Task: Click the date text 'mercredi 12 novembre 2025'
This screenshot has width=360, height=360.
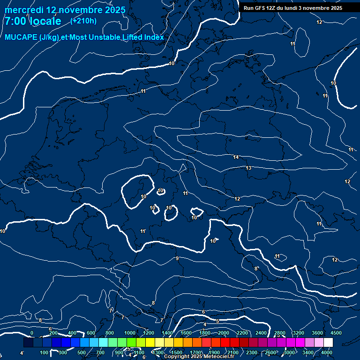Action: pos(65,10)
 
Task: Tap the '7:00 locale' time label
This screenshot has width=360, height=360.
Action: pos(33,22)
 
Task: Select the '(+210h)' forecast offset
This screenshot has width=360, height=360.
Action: pos(83,21)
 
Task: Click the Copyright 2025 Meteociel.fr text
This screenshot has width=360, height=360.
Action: pos(199,357)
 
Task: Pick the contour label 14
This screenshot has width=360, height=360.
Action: pos(236,157)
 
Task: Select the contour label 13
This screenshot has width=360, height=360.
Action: pos(248,168)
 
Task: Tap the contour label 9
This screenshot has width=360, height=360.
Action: pos(177,258)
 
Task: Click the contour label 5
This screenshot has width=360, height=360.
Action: pos(217,321)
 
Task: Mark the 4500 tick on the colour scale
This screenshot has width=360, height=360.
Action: pos(335,333)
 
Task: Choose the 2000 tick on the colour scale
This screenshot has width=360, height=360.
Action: pos(223,333)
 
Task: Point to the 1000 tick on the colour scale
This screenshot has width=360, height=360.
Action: pos(129,333)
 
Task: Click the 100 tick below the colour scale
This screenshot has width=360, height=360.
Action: pos(44,352)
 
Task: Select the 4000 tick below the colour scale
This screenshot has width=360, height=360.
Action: pos(327,352)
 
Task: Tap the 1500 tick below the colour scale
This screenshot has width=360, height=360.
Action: pos(177,352)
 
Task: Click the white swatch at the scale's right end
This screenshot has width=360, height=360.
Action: pos(328,343)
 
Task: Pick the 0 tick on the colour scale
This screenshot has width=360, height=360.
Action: pos(32,333)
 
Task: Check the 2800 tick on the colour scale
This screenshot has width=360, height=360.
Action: pos(280,333)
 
